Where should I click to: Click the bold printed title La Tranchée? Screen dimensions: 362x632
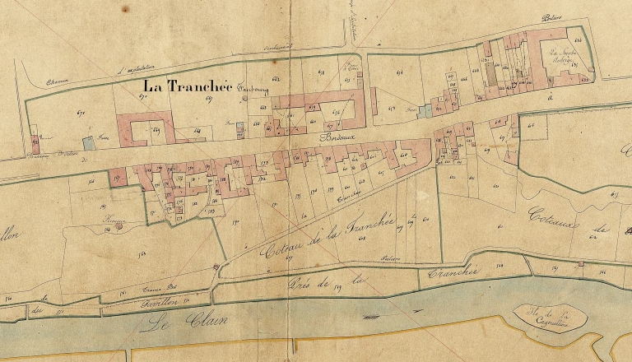188,86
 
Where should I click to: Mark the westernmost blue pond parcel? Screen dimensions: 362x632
88,142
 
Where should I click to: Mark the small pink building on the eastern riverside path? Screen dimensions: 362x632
581,263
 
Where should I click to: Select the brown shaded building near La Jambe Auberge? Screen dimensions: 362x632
492,73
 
